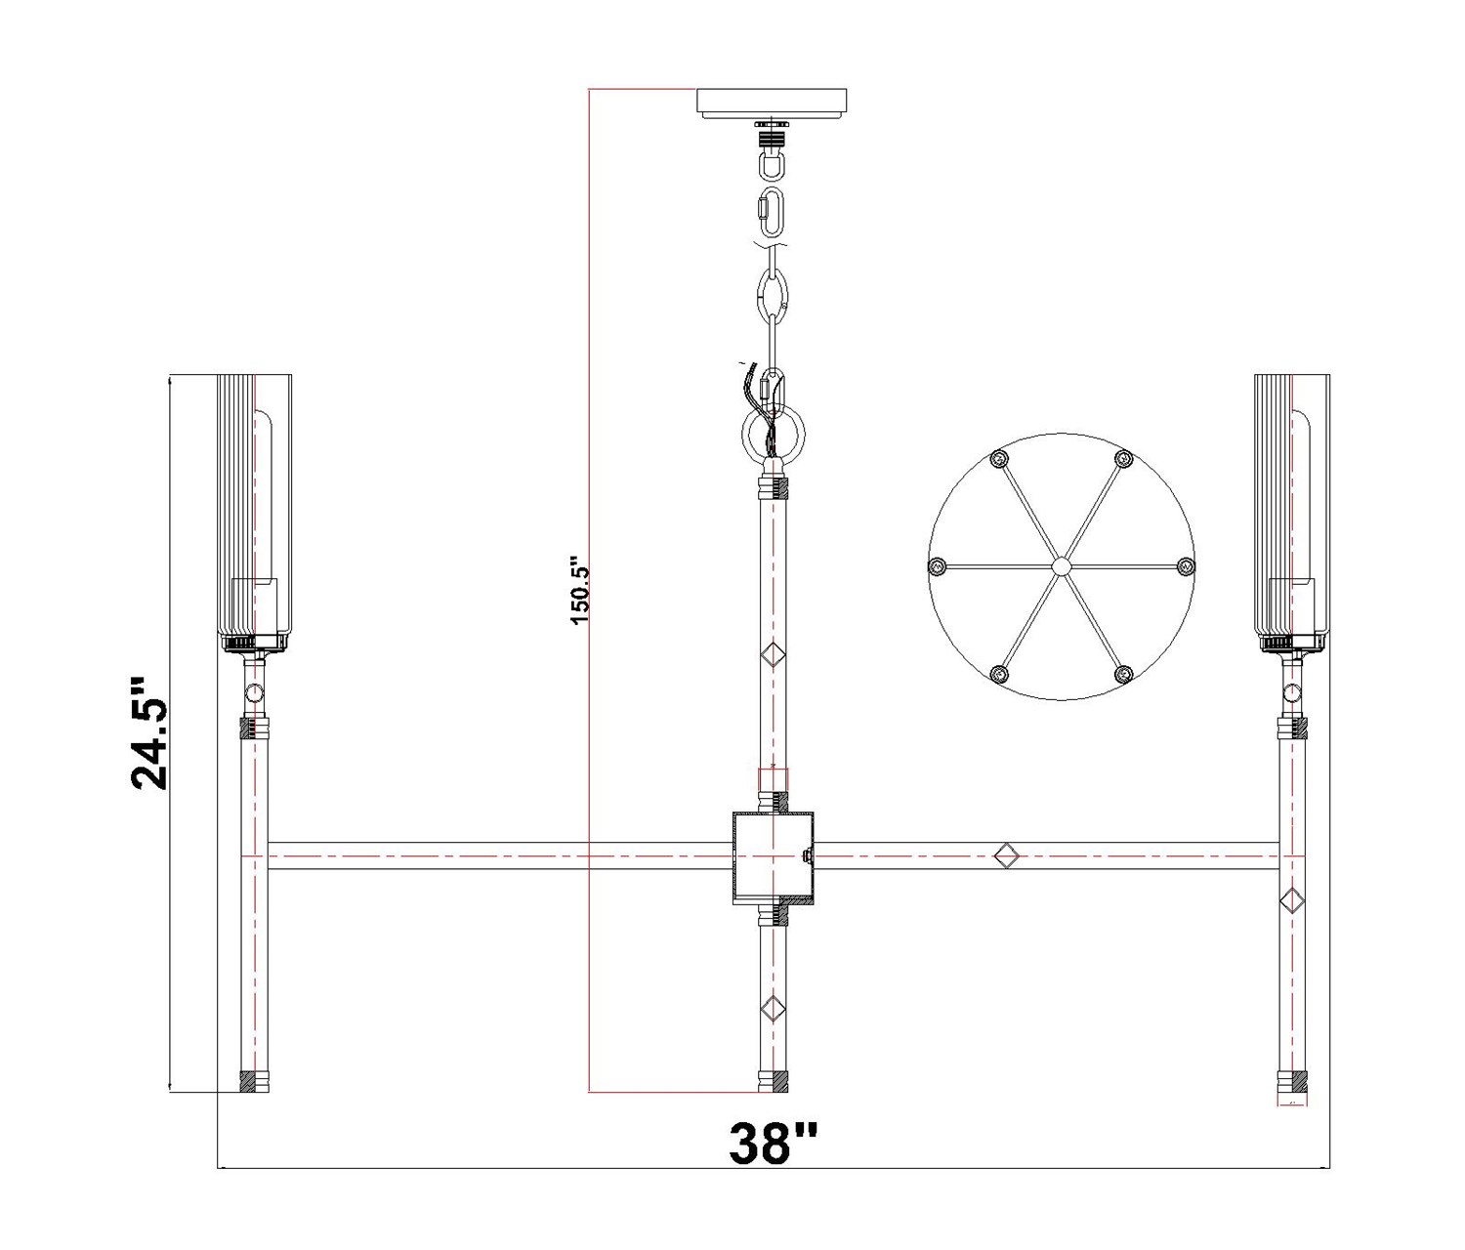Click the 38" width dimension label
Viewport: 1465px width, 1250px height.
click(774, 1163)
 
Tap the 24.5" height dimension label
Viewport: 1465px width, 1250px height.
click(150, 733)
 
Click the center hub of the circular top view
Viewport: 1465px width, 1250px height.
click(1061, 566)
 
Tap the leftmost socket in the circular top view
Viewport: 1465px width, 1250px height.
click(937, 566)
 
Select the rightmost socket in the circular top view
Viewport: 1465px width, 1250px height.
click(1185, 566)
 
